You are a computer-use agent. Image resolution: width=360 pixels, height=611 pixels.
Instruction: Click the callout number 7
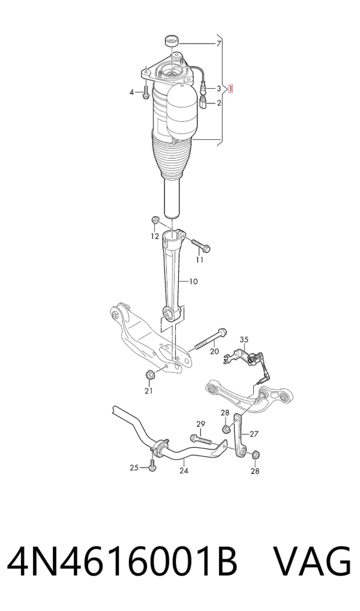coord(218,43)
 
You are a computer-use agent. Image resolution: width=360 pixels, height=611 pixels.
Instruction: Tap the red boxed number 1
coord(230,89)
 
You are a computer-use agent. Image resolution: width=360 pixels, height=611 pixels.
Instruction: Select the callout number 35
coord(244,339)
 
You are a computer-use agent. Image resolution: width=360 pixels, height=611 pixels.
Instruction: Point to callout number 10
coord(193,281)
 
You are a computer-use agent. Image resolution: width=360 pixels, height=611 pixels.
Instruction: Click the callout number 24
coord(184,471)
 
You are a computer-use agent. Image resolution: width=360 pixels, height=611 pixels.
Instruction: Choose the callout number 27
coord(254,434)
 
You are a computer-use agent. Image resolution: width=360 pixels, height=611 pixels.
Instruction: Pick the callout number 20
coord(215,352)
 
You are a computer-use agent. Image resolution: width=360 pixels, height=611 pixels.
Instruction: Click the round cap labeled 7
coord(172,41)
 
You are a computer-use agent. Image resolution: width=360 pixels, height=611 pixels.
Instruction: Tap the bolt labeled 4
coord(145,92)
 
